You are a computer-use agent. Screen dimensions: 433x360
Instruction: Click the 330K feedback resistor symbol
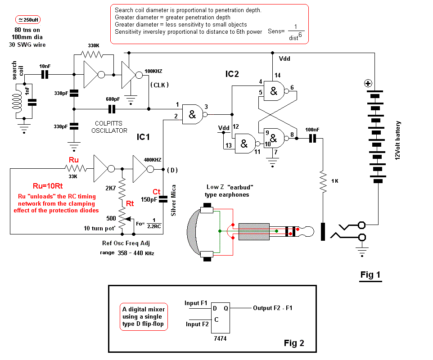tap(92, 54)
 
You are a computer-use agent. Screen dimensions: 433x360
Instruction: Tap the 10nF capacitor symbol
tap(45, 75)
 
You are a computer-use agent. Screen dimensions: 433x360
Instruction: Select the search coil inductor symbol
tap(17, 101)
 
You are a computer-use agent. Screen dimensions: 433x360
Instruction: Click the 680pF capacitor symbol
tap(112, 109)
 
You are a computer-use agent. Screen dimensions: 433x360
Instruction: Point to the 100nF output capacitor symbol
tap(312, 138)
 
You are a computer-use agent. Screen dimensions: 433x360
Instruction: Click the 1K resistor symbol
tap(323, 181)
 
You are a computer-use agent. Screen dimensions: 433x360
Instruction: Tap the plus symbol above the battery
tap(368, 83)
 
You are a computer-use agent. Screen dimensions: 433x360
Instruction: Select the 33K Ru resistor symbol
tap(76, 168)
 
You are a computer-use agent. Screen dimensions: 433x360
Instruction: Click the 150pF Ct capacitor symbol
tap(163, 199)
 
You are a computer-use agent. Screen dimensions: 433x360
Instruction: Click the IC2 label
tap(232, 74)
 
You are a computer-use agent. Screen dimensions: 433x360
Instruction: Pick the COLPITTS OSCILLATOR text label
tap(109, 127)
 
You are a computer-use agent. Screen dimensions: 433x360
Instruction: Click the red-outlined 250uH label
tap(28, 20)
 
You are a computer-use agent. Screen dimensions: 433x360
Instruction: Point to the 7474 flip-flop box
tap(221, 318)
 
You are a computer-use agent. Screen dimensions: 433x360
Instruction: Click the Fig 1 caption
tap(370, 275)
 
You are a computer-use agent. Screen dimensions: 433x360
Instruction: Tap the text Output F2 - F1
tap(273, 308)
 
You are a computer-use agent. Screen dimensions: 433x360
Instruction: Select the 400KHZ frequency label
tap(153, 160)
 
